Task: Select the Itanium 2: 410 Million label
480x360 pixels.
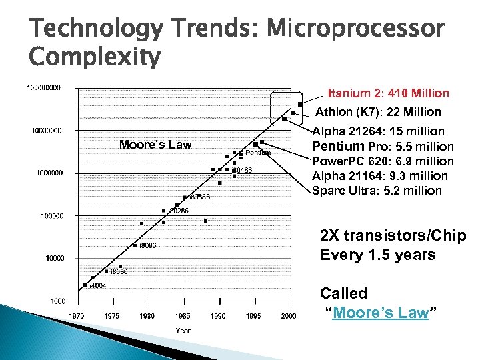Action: coord(388,93)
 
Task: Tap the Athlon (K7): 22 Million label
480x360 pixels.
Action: coord(378,112)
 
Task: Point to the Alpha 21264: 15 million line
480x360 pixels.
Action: coord(378,131)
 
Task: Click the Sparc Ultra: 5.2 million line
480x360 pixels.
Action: coord(377,191)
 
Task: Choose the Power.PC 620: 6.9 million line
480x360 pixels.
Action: coord(383,161)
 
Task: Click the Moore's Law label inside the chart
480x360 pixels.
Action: coord(155,145)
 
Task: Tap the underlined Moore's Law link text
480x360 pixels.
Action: coord(380,313)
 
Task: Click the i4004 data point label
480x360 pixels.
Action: coord(97,286)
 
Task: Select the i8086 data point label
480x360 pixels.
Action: coord(147,246)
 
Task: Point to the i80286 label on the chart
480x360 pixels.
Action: coord(178,211)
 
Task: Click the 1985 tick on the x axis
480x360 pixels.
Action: coord(183,316)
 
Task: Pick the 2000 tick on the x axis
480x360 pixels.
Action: coord(288,316)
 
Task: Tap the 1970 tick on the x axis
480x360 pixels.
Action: coord(77,316)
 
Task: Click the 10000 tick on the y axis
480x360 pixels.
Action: coord(55,258)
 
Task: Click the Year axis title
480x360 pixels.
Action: coord(183,331)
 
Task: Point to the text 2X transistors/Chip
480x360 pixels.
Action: coord(393,237)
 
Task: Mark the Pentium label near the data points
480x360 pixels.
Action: coord(258,153)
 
